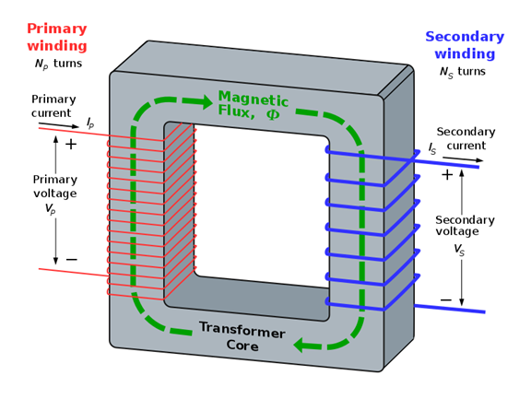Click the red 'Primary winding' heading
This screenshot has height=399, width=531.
pyautogui.click(x=56, y=37)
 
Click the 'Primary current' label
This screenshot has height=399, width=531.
pyautogui.click(x=53, y=105)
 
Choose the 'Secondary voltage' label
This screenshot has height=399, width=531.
pyautogui.click(x=465, y=226)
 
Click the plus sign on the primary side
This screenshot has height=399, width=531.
pyautogui.click(x=71, y=144)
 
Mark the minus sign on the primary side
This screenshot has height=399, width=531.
pyautogui.click(x=71, y=260)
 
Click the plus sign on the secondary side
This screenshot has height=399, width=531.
pyautogui.click(x=447, y=174)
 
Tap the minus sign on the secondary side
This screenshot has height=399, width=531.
pyautogui.click(x=446, y=299)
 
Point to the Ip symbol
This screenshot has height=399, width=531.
pyautogui.click(x=90, y=122)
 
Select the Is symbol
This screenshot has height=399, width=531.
pyautogui.click(x=432, y=148)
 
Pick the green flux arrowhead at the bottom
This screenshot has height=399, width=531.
pyautogui.click(x=301, y=346)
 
